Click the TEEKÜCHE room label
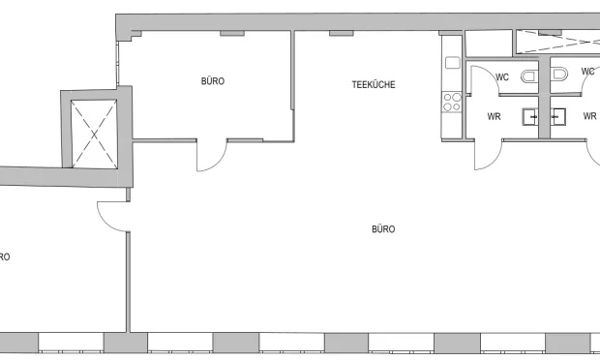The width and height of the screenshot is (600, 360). pyautogui.click(x=374, y=85)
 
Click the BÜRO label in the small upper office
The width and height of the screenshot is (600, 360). pyautogui.click(x=213, y=81)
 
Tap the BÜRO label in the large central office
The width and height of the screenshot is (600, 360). pyautogui.click(x=383, y=229)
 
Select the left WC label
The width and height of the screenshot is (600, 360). pyautogui.click(x=502, y=75)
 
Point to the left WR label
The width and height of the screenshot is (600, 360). pyautogui.click(x=494, y=117)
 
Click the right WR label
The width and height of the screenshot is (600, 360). pyautogui.click(x=589, y=117)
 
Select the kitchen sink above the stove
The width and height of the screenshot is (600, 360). pyautogui.click(x=452, y=63)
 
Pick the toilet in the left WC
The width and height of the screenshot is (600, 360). pyautogui.click(x=527, y=75)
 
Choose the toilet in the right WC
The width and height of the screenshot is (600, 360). pyautogui.click(x=560, y=75)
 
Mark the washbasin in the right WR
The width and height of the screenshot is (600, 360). pyautogui.click(x=557, y=117)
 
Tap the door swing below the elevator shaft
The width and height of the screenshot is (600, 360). pyautogui.click(x=112, y=217)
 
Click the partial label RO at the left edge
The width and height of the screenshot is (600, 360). pyautogui.click(x=5, y=257)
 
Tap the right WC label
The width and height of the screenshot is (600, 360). pyautogui.click(x=588, y=72)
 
